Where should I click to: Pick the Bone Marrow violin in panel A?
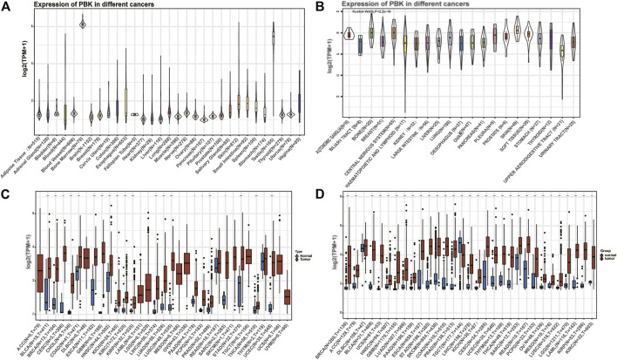tap(83, 25)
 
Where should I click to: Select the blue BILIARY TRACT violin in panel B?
tap(361, 46)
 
